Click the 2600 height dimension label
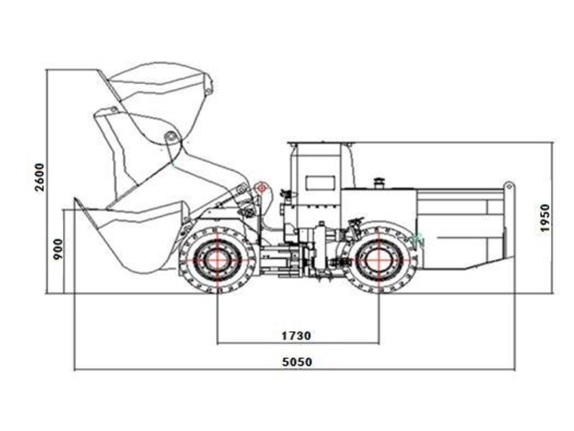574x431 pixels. [x=39, y=177]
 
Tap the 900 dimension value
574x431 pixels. [x=58, y=249]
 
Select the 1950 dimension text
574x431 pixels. [x=545, y=218]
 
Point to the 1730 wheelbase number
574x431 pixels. [x=296, y=336]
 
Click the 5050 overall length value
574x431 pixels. [x=297, y=362]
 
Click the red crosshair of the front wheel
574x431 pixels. [x=217, y=260]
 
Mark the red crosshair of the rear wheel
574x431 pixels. [x=379, y=260]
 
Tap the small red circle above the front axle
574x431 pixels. [x=262, y=189]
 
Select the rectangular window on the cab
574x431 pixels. [x=321, y=183]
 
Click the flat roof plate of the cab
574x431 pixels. [x=321, y=143]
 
